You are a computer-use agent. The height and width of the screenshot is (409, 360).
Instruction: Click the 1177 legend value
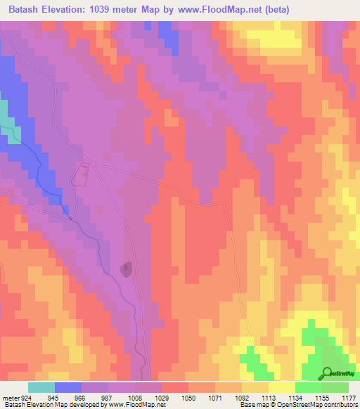[x=349, y=398]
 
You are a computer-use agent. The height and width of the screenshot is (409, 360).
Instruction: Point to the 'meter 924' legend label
[x=13, y=398]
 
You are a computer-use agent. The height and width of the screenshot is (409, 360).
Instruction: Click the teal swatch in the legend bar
[x=41, y=387]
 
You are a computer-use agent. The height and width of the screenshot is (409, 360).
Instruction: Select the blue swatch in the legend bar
[x=67, y=387]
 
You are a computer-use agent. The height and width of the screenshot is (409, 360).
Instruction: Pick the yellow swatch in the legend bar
[x=281, y=387]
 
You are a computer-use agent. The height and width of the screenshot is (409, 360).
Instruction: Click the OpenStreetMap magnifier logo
[x=328, y=372]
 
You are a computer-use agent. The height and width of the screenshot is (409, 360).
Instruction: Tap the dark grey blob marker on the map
[x=126, y=269]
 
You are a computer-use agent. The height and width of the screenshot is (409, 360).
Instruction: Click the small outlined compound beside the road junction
[x=81, y=174]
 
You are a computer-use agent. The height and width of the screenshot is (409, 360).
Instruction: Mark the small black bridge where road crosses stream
[x=70, y=217]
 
